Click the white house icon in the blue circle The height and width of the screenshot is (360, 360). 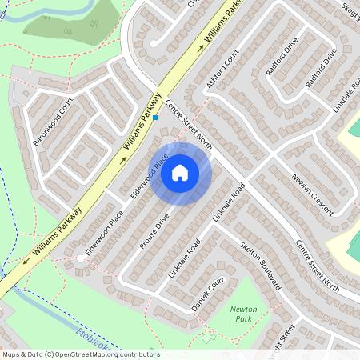click(180, 173)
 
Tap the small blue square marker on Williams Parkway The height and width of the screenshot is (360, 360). click(156, 118)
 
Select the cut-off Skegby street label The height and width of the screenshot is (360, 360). click(350, 7)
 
